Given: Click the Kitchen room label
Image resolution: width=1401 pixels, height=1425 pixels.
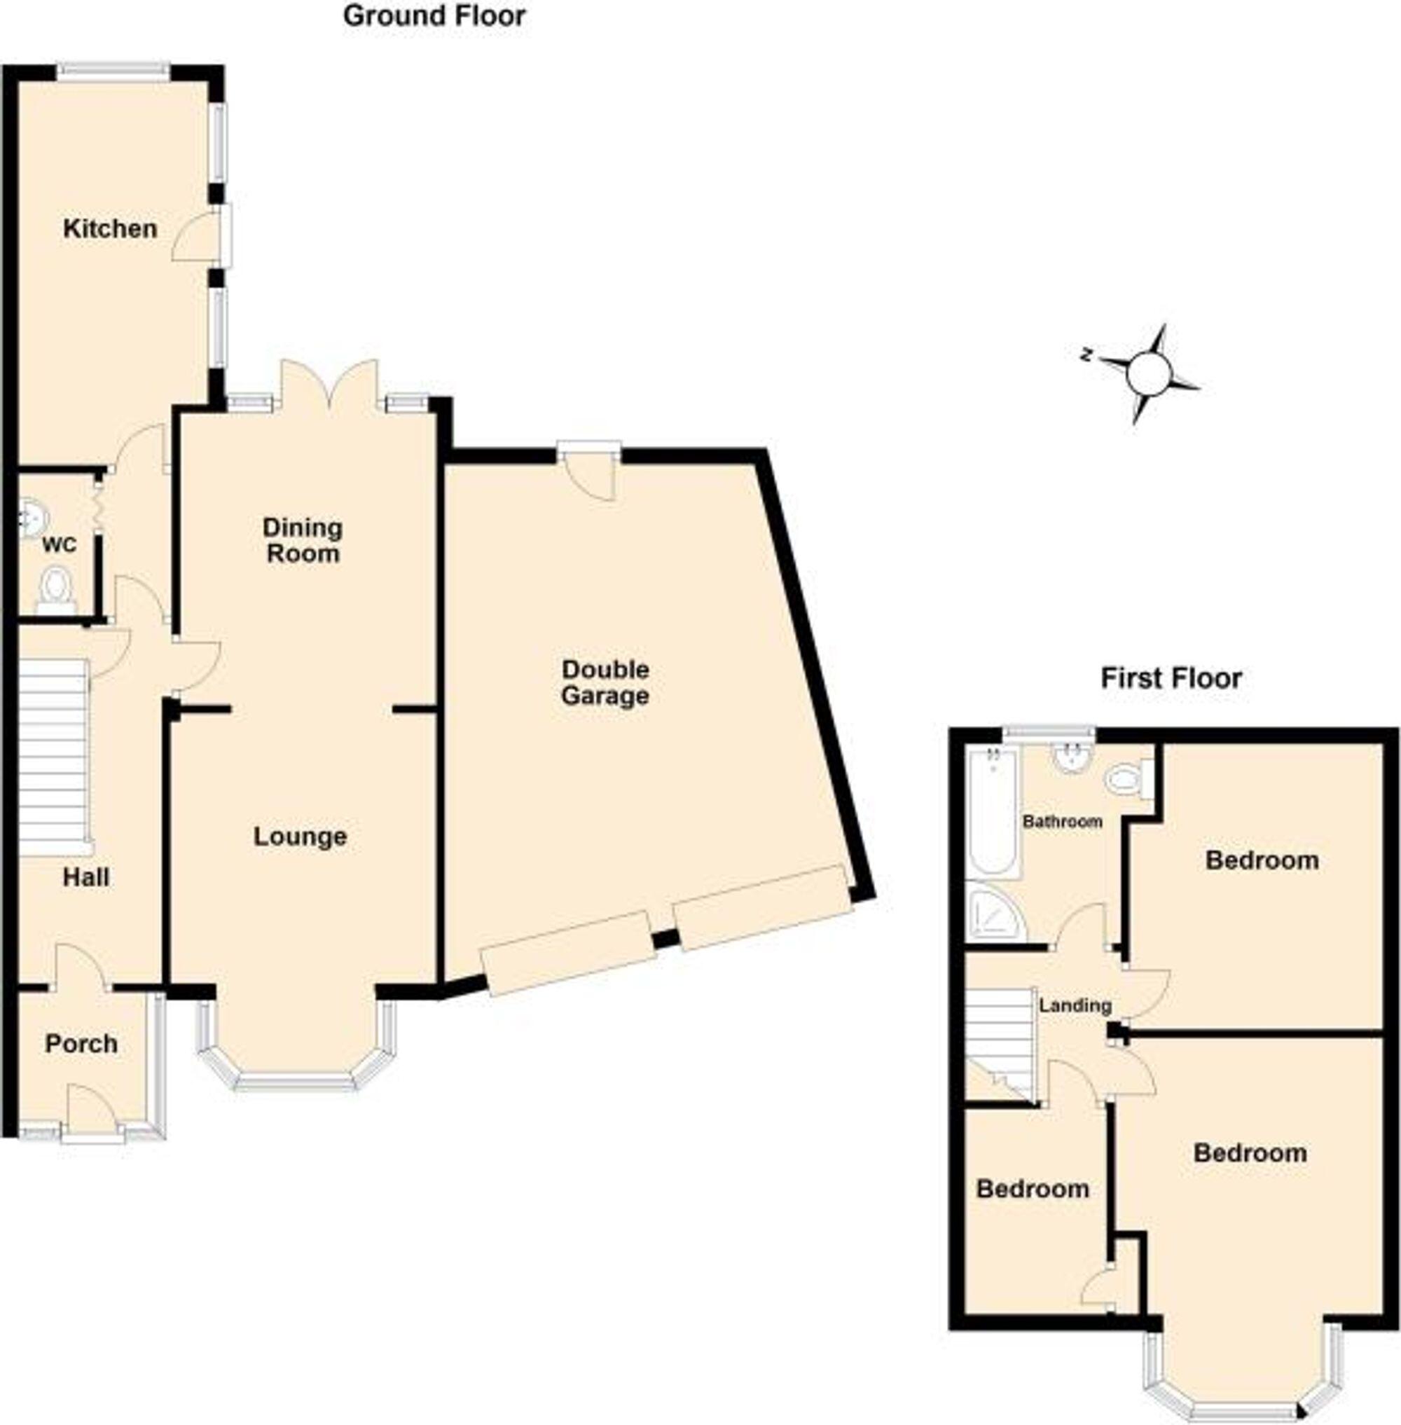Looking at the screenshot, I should click(110, 229).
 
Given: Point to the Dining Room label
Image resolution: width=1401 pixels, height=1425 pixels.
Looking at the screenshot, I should click(303, 540).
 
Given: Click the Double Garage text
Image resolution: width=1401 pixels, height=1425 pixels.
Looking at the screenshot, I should click(605, 682).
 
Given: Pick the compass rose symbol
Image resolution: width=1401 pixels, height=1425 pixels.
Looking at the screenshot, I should click(1147, 373).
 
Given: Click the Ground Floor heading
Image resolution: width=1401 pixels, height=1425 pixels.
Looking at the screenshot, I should click(434, 15).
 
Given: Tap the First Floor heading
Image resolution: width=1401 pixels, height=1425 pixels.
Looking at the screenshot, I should click(1171, 678).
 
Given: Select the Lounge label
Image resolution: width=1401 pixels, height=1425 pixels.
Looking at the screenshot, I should click(301, 837).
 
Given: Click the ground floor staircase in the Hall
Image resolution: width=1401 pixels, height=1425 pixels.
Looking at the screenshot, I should click(53, 757).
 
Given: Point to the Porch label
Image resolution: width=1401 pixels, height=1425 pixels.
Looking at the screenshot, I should click(81, 1044).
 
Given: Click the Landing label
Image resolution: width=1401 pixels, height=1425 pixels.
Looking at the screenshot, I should click(1075, 1005).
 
